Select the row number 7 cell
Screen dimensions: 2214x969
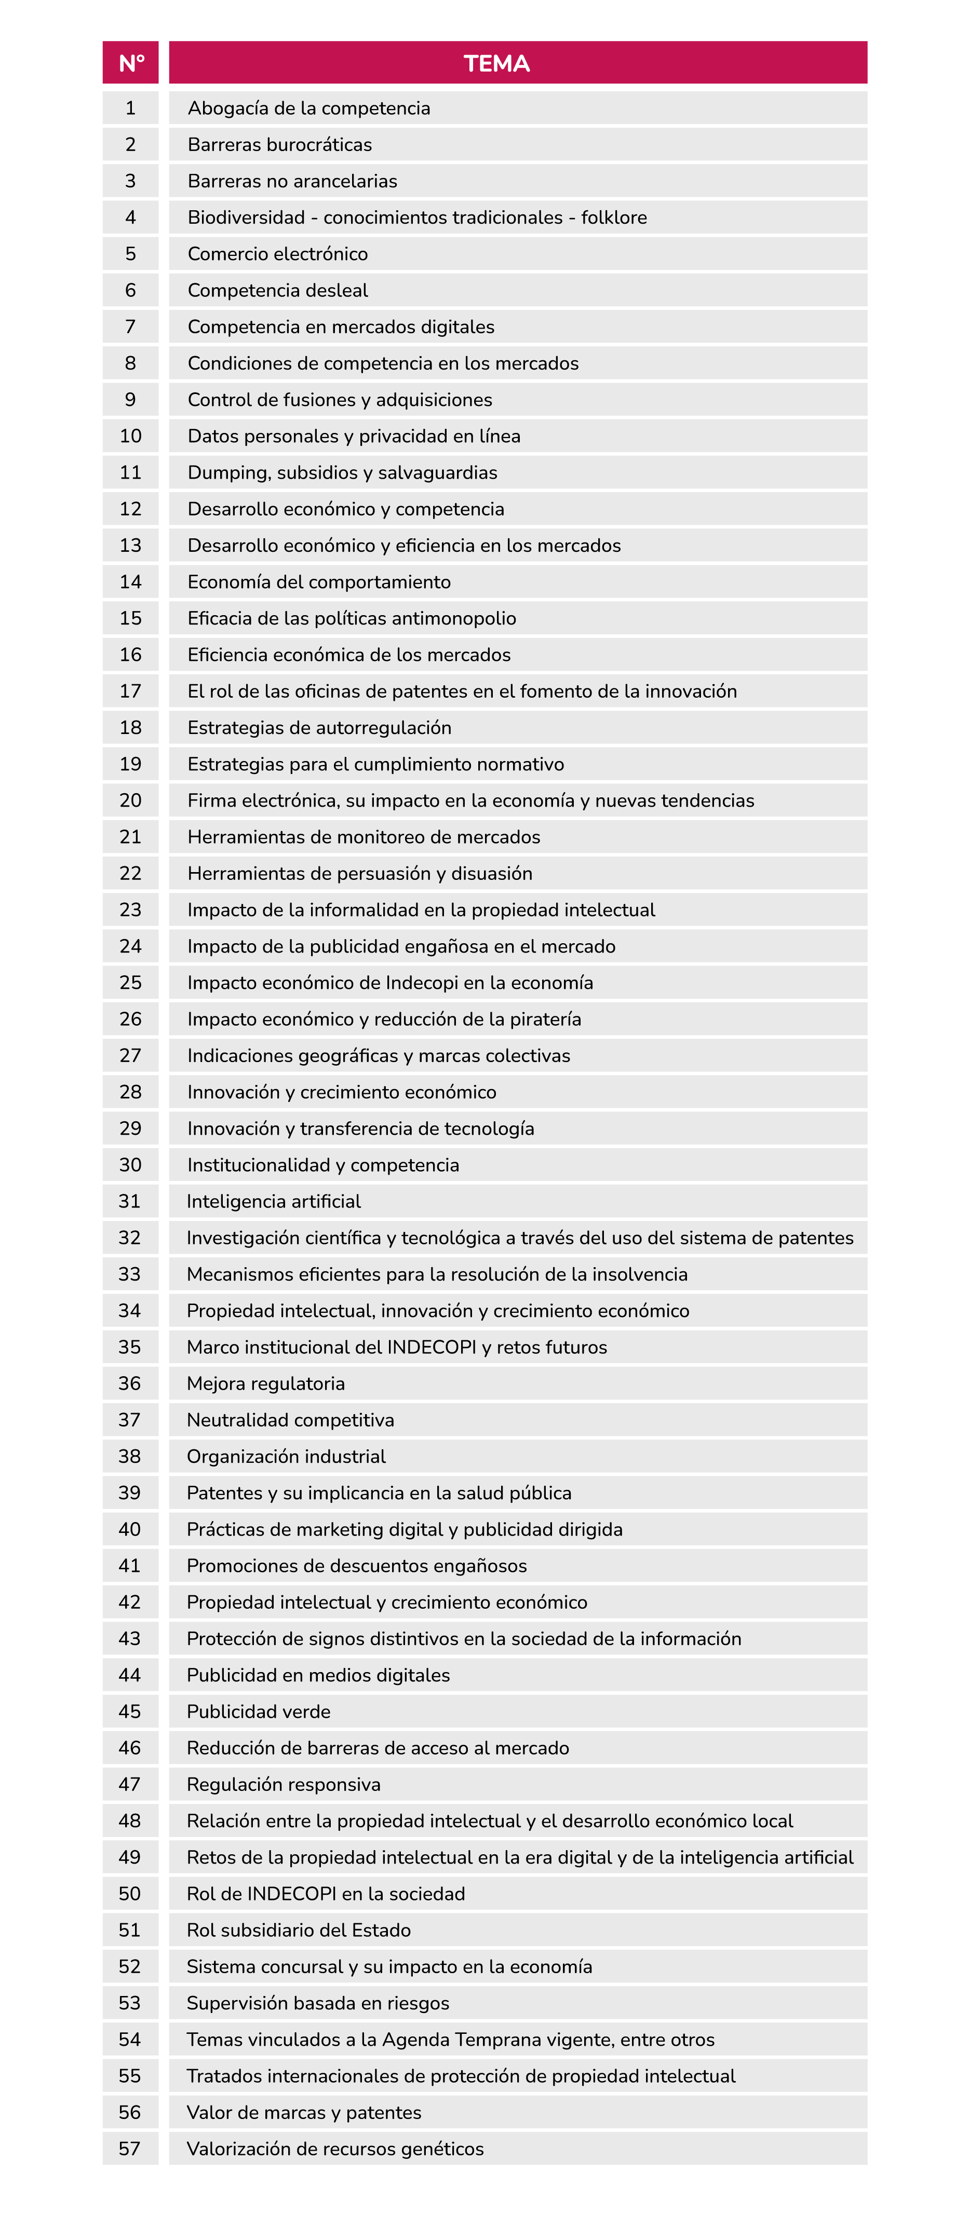(x=131, y=327)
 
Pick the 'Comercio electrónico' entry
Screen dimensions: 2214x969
(x=278, y=253)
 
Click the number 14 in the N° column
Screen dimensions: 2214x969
(x=131, y=582)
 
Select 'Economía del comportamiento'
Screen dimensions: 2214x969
(x=319, y=582)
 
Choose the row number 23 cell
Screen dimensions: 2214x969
(x=131, y=909)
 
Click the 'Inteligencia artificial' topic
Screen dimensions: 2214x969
(x=274, y=1202)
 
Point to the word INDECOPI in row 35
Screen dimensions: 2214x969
(x=432, y=1347)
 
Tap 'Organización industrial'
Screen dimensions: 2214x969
(x=286, y=1456)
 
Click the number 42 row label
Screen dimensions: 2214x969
(x=130, y=1602)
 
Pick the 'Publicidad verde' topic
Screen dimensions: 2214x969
(x=259, y=1711)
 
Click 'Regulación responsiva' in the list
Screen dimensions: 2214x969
(x=284, y=1784)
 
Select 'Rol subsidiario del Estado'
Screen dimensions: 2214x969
(x=299, y=1931)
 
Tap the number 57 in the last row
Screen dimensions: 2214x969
(x=130, y=2149)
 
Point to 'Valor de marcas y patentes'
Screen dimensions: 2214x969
(x=304, y=2113)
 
